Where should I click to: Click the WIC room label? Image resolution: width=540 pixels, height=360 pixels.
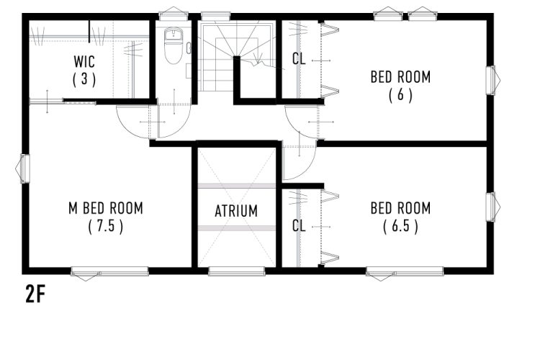(84, 62)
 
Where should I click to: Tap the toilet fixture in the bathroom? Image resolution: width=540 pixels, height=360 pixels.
(174, 46)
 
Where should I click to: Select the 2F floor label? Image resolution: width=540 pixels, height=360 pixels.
(35, 294)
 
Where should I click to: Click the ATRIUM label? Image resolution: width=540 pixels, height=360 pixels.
(236, 211)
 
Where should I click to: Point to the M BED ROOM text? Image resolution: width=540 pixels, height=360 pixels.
(106, 208)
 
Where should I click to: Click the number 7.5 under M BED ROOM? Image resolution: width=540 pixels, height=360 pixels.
(106, 226)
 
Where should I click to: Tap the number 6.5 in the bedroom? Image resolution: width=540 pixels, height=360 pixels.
(400, 226)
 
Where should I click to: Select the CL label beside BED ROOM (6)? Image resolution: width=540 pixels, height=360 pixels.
(299, 58)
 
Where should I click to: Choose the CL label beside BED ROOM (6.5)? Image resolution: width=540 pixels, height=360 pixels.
(299, 226)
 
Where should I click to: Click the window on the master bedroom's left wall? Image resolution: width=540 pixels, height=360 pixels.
(24, 168)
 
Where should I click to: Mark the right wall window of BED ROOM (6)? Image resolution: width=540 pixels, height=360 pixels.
(492, 80)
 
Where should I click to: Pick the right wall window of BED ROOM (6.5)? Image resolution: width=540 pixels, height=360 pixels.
(492, 207)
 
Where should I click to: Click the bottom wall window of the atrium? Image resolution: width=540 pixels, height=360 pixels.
(237, 271)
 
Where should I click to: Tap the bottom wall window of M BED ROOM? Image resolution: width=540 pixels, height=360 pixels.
(109, 272)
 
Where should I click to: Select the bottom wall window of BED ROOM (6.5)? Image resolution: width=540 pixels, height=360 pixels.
(405, 272)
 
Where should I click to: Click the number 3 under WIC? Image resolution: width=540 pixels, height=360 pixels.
(84, 79)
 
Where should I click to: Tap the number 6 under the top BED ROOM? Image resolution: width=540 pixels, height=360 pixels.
(400, 95)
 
